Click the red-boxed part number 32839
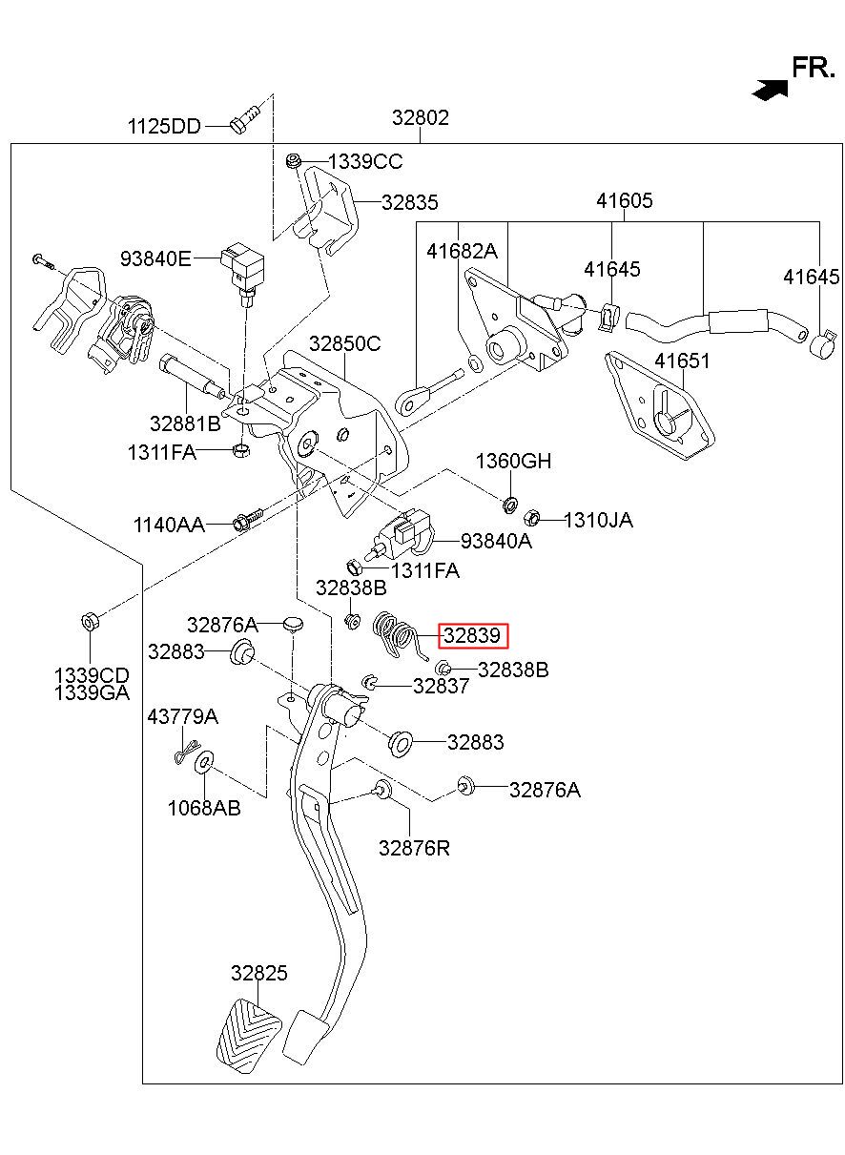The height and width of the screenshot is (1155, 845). [472, 635]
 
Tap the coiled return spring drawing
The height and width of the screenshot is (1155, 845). [399, 635]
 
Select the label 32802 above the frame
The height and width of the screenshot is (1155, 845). [421, 117]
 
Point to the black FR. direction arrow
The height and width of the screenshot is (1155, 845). [771, 90]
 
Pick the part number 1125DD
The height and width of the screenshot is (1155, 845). [164, 126]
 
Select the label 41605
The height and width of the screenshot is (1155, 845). [625, 200]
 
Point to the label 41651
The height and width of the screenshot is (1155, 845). [682, 361]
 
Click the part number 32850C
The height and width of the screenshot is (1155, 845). [345, 343]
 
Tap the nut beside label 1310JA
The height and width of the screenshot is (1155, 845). [531, 517]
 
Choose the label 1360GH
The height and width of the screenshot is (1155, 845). [513, 461]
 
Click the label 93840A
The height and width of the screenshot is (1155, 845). [496, 541]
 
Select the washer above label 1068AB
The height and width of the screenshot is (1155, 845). [205, 762]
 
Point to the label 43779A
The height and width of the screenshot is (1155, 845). [182, 716]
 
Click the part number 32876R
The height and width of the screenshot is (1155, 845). [414, 848]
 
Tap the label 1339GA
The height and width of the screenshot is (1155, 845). [92, 692]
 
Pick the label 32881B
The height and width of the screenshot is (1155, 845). [185, 423]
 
